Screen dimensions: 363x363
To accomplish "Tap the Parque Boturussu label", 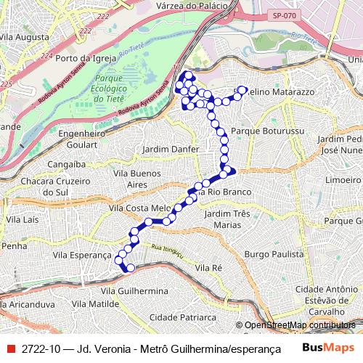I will pyautogui.click(x=259, y=131).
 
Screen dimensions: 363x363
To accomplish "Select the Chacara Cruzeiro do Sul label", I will pyautogui.click(x=55, y=186).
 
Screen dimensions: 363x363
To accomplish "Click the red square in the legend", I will pyautogui.click(x=10, y=348).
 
